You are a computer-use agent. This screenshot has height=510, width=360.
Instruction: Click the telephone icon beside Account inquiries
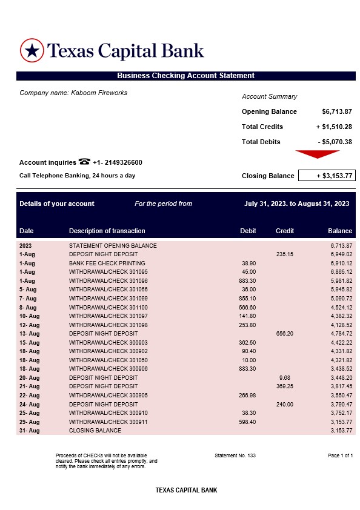click(x=84, y=162)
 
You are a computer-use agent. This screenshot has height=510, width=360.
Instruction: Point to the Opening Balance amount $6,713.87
click(x=337, y=111)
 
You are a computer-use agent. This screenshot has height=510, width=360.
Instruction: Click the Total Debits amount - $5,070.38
click(x=335, y=142)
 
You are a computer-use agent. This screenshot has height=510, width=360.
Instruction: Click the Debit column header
click(x=248, y=231)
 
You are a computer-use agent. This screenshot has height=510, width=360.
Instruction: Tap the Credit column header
click(x=285, y=231)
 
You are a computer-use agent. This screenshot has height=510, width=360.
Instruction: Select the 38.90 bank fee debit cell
click(x=248, y=263)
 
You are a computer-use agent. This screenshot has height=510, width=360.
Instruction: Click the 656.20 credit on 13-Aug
click(x=285, y=334)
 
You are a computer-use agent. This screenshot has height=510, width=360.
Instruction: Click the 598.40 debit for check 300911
click(x=248, y=422)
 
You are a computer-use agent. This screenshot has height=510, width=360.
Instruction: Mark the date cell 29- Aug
click(x=29, y=422)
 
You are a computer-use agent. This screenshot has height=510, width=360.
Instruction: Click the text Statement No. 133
click(x=235, y=455)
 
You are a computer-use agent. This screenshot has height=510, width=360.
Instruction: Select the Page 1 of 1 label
click(x=340, y=455)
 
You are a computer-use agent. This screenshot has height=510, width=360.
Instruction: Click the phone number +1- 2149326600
click(x=118, y=162)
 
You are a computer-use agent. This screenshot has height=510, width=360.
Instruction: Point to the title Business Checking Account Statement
click(x=185, y=76)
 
